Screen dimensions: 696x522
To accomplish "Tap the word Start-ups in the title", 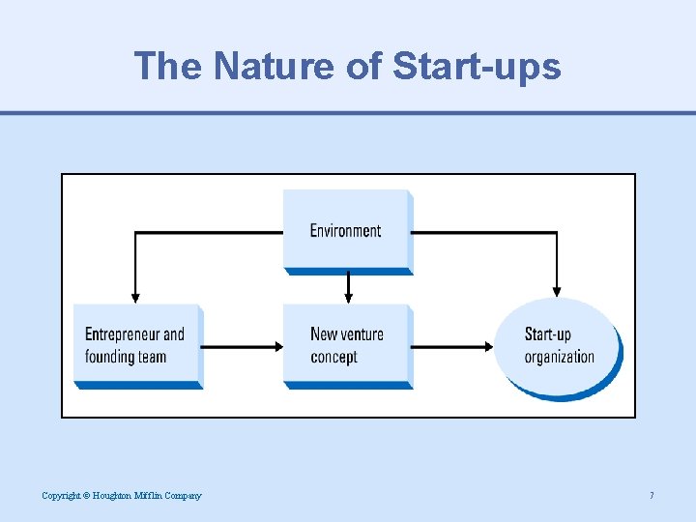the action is (477, 67).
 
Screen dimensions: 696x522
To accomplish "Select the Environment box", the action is (346, 230).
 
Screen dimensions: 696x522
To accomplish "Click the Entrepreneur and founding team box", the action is (136, 345).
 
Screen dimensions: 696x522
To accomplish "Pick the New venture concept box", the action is (346, 345).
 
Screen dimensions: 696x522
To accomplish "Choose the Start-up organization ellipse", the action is (558, 346).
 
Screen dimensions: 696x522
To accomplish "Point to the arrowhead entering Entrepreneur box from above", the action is (135, 297).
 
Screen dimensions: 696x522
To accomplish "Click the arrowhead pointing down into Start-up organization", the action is (556, 291).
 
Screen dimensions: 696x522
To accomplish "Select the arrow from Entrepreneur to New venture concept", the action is (242, 345).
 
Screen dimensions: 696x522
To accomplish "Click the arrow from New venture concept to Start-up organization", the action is (452, 345).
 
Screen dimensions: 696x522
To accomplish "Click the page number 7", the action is (652, 496).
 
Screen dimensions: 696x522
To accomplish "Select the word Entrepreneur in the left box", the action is (123, 334).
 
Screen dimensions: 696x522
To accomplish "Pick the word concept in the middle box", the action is (333, 357).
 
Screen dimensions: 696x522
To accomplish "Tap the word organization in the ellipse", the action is (559, 357).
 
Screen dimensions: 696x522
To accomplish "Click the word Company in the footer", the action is (185, 496).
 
